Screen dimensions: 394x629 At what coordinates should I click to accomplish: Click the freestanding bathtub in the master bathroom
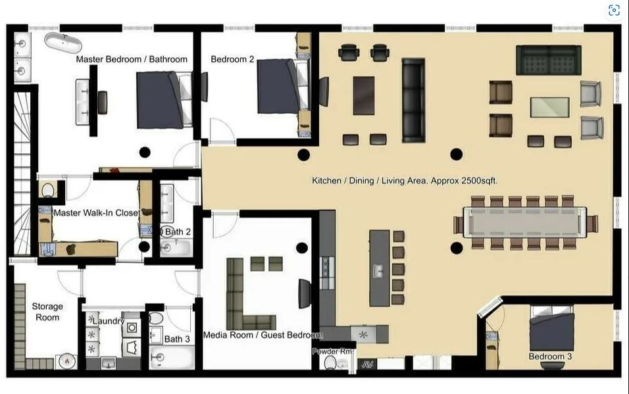point(63,41)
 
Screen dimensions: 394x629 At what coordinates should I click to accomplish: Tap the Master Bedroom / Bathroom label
point(132,59)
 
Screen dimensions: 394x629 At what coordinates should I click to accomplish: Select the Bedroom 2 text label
point(232,59)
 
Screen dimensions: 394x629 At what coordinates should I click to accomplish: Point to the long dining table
point(524,222)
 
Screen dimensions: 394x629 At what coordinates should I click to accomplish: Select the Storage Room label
point(47,312)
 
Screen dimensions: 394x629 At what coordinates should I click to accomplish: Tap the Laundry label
point(108,320)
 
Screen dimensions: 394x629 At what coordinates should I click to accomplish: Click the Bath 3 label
point(177,339)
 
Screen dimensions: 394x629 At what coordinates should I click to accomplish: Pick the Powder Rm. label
point(333,352)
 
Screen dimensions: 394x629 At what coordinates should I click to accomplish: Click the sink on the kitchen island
point(378,270)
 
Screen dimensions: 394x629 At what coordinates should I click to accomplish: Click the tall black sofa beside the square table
point(413,99)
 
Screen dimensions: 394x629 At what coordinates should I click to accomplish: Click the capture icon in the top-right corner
point(613,10)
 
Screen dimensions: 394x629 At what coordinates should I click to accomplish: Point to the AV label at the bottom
point(367,364)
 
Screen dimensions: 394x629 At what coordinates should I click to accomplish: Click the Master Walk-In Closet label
point(96,212)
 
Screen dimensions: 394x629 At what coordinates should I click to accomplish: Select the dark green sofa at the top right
point(548,60)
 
